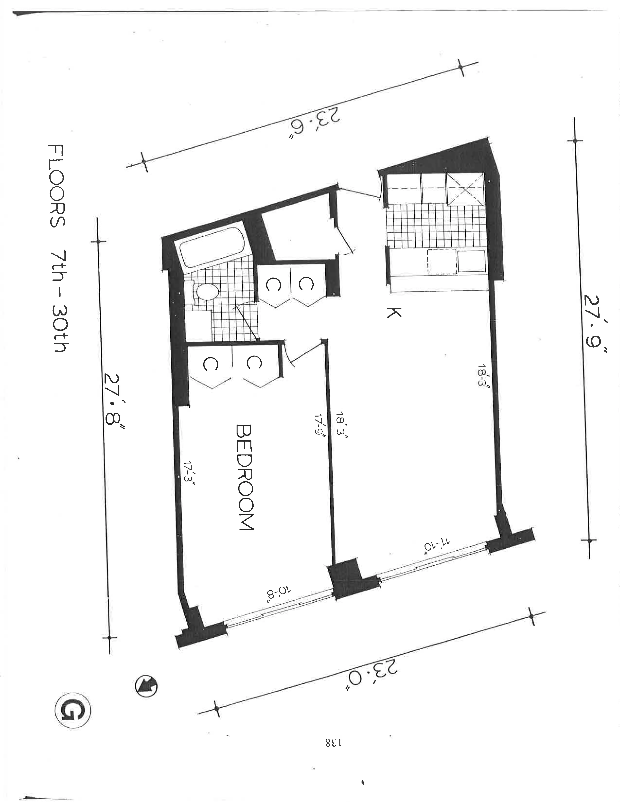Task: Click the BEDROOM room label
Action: click(244, 477)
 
